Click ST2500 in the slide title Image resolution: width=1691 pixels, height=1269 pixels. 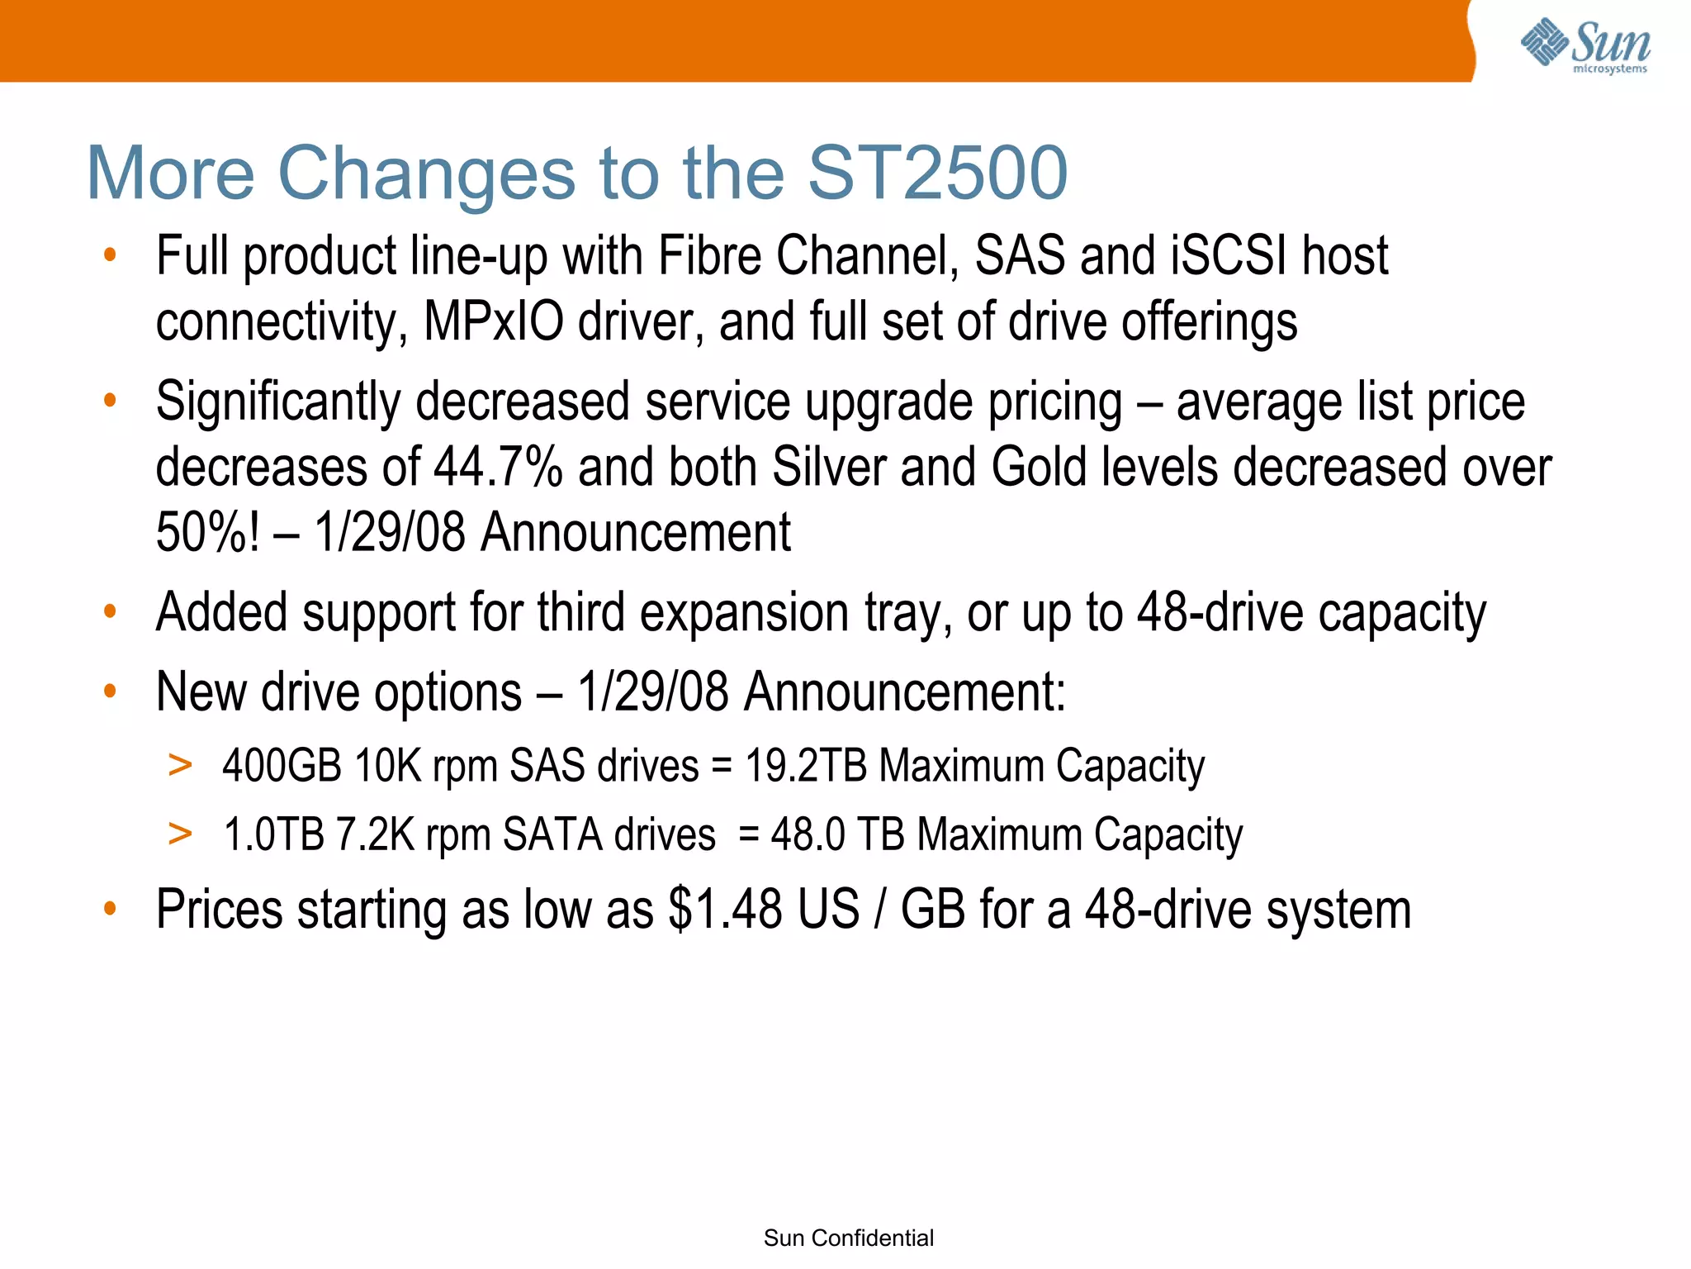(x=937, y=173)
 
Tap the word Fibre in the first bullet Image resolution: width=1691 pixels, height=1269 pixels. (x=710, y=256)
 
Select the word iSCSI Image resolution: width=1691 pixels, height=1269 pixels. (x=1229, y=256)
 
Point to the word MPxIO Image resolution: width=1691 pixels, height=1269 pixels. (x=493, y=321)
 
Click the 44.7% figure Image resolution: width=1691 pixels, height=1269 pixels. (x=498, y=468)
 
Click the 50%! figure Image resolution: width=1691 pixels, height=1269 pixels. (x=208, y=532)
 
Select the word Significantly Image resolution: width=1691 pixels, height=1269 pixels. (x=278, y=402)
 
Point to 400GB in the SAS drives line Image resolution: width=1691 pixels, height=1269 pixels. (x=282, y=765)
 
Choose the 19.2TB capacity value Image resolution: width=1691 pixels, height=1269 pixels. (x=805, y=765)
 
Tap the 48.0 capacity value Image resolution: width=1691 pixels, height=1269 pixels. (x=808, y=834)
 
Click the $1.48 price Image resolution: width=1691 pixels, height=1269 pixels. (x=725, y=910)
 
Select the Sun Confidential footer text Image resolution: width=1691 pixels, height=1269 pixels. (x=848, y=1238)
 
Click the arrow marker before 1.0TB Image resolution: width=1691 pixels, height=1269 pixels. (x=180, y=833)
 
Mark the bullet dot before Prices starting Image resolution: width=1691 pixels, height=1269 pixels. (x=110, y=909)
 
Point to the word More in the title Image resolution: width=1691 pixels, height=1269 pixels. (x=171, y=173)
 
